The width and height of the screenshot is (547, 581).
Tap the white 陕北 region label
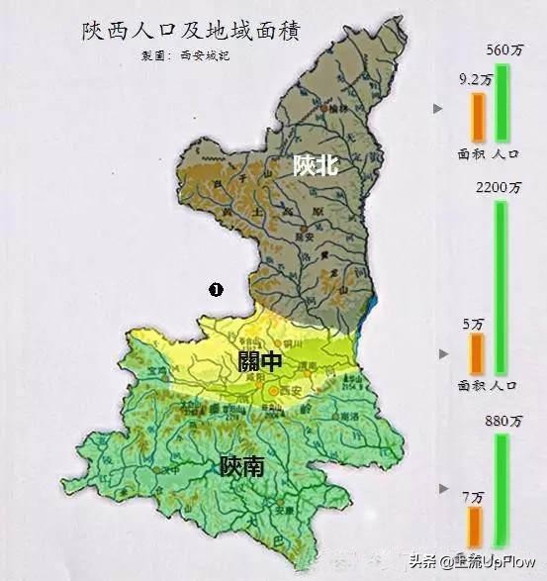pyautogui.click(x=316, y=165)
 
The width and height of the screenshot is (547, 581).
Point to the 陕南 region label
pyautogui.click(x=242, y=465)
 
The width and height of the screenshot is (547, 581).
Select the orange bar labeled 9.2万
pyautogui.click(x=478, y=118)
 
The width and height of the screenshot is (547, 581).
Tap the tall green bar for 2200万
pyautogui.click(x=501, y=288)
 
